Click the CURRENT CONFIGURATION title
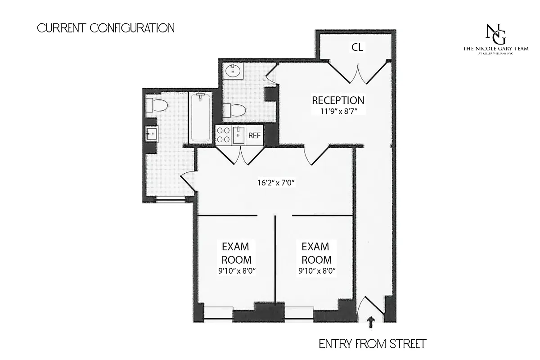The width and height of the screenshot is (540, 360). click(106, 28)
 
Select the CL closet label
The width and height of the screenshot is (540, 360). click(357, 47)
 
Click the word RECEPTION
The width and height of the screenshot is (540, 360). click(338, 100)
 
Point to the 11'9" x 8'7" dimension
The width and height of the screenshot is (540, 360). click(338, 111)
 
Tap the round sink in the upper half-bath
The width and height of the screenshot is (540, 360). click(234, 70)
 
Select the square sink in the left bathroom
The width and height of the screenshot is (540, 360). click(151, 133)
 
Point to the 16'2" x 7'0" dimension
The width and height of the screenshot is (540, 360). click(275, 183)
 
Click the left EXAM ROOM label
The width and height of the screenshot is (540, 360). click(236, 253)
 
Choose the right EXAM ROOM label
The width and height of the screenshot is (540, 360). click(316, 253)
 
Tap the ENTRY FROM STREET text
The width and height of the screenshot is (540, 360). click(372, 344)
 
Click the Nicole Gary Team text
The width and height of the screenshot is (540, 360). click(495, 49)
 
